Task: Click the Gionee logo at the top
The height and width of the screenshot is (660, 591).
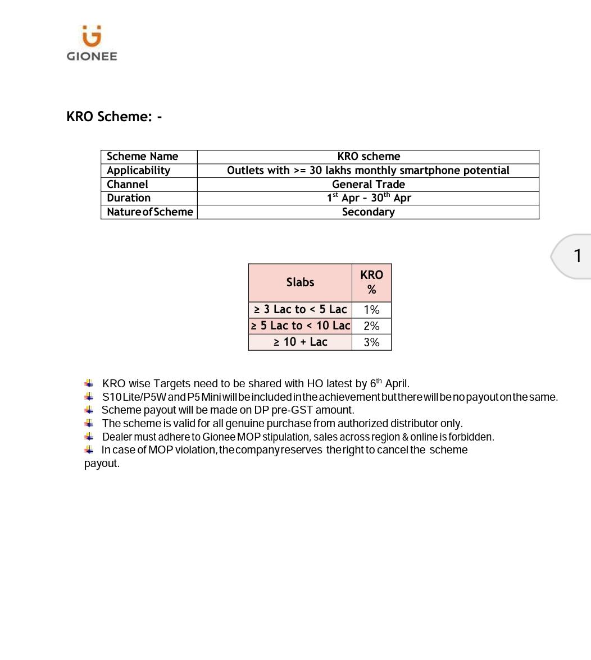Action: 92,43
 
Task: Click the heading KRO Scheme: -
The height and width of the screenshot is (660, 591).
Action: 114,116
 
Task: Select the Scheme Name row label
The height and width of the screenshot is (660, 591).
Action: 142,157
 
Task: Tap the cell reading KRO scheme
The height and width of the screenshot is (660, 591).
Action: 369,157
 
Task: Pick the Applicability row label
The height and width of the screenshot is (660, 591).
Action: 138,170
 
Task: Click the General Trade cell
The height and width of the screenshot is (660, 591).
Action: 368,184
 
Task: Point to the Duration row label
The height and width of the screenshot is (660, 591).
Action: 129,198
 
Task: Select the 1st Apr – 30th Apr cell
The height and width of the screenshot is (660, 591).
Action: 369,198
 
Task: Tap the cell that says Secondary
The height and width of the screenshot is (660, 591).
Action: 368,212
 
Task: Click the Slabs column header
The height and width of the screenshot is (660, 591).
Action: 300,282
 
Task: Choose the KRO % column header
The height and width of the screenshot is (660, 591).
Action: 371,282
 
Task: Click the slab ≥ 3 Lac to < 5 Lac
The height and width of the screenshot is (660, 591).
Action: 300,309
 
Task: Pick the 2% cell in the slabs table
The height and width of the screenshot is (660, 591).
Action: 371,326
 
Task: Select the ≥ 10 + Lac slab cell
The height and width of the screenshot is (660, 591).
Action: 300,342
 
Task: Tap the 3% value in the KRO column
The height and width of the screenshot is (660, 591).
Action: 371,342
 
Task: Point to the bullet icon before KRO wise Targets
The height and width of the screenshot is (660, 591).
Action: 89,383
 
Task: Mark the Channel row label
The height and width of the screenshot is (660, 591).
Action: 128,184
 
